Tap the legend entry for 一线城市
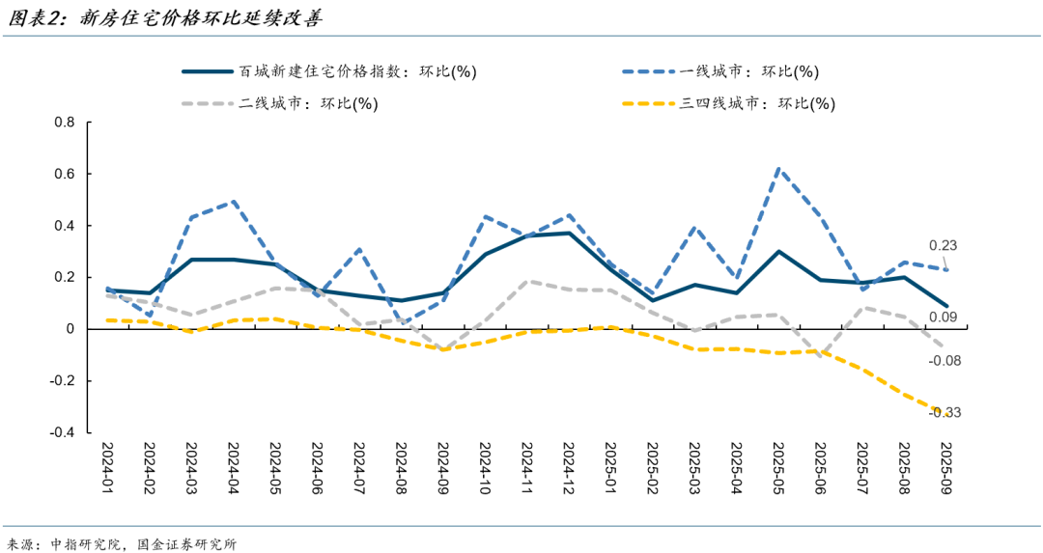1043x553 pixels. [748, 71]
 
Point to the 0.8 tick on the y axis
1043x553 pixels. [65, 123]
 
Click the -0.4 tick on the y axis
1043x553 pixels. [63, 432]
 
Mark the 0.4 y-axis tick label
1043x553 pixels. [65, 226]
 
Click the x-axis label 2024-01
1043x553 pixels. [109, 468]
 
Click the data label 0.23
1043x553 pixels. [943, 245]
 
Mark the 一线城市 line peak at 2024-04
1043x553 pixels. [234, 202]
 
